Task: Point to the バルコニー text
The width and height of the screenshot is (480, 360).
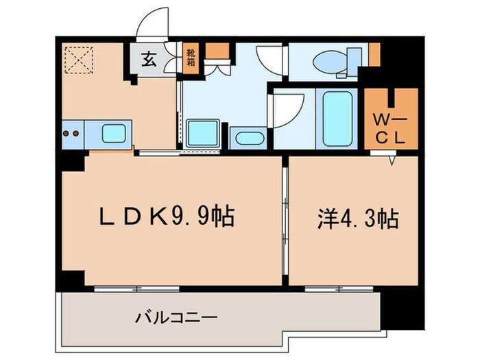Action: click(176, 317)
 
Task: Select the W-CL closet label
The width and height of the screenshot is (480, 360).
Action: click(390, 128)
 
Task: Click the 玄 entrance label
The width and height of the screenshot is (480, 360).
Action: click(148, 59)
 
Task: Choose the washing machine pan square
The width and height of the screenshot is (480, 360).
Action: click(203, 131)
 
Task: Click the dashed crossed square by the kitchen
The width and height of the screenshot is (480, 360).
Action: click(77, 59)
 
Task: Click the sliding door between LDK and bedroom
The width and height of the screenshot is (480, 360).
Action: click(285, 219)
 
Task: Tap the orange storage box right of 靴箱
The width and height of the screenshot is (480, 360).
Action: click(218, 52)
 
